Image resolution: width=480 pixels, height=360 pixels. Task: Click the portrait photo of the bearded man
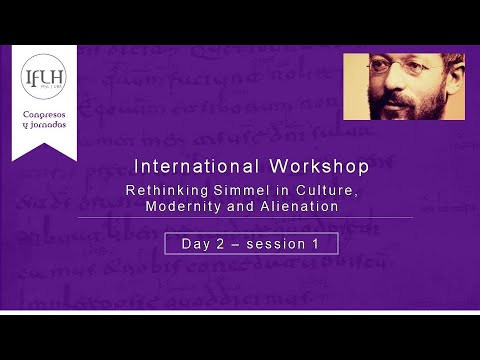(390, 86)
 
